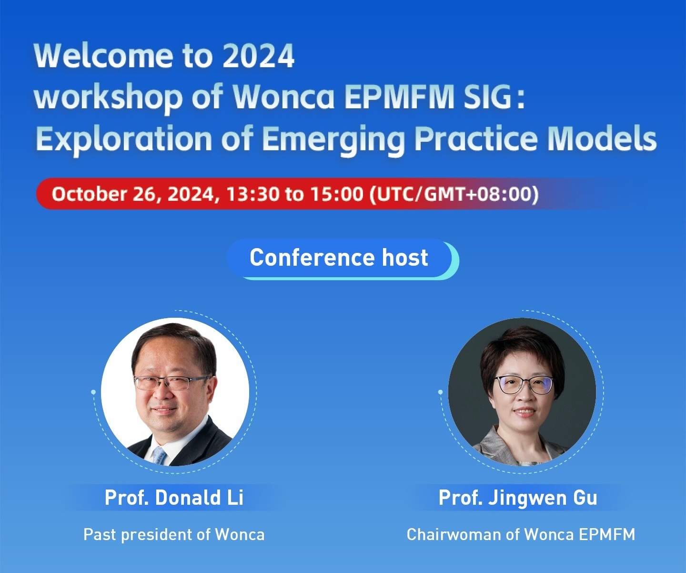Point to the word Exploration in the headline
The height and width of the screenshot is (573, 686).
124,139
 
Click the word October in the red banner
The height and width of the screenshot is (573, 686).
89,194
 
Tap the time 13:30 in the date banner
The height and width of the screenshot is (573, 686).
252,194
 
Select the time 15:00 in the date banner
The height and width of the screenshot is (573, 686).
337,194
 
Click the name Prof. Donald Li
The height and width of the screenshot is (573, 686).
174,497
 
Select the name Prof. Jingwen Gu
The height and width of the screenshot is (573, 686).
518,498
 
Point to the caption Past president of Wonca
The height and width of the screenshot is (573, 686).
174,534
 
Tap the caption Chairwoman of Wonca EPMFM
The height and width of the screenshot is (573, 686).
521,534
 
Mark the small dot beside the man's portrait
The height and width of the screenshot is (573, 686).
94,392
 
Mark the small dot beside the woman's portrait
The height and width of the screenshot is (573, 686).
441,392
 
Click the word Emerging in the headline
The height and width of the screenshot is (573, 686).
333,139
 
